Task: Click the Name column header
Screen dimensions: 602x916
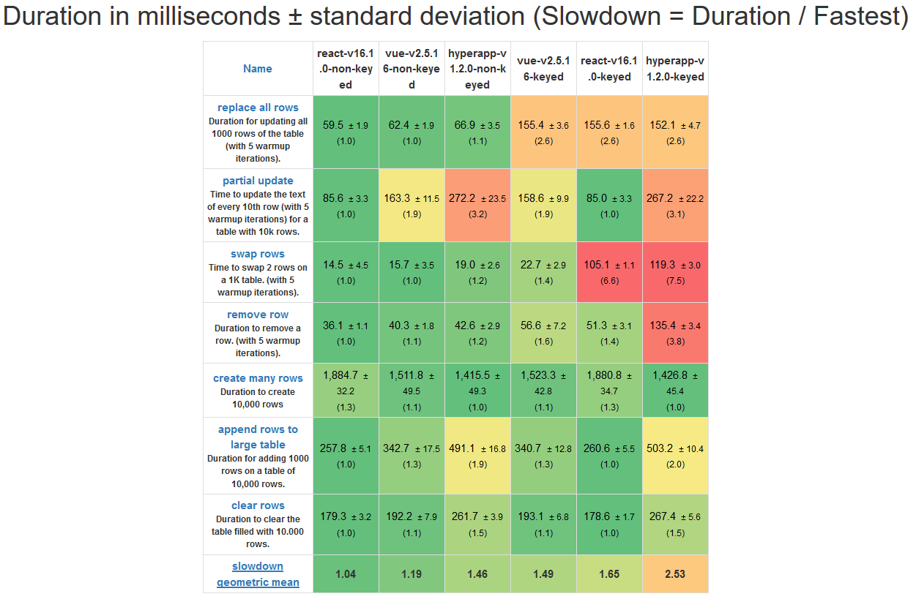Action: (258, 69)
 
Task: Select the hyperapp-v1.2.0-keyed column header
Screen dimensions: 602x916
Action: (675, 69)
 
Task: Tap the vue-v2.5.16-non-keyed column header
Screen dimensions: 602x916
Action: (412, 69)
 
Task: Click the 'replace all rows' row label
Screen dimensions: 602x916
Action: (258, 108)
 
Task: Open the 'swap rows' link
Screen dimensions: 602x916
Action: (258, 254)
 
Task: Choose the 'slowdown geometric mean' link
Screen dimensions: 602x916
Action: (258, 574)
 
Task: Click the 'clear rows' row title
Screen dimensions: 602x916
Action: (258, 505)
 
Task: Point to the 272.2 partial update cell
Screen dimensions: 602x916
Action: (477, 205)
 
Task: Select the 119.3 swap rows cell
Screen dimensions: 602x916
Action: (675, 272)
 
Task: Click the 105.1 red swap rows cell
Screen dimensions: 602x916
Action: (609, 272)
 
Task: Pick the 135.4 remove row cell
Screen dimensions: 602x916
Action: (675, 333)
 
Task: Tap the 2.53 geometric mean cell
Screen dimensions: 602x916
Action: (675, 574)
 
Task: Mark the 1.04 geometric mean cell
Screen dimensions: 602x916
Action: (346, 574)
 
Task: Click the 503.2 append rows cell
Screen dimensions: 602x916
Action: (675, 456)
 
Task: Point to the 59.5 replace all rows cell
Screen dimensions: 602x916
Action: (346, 132)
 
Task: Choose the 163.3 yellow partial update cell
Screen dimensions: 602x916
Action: (412, 205)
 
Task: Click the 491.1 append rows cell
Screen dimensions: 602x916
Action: (477, 456)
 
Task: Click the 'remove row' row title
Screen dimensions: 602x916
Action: (258, 315)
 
